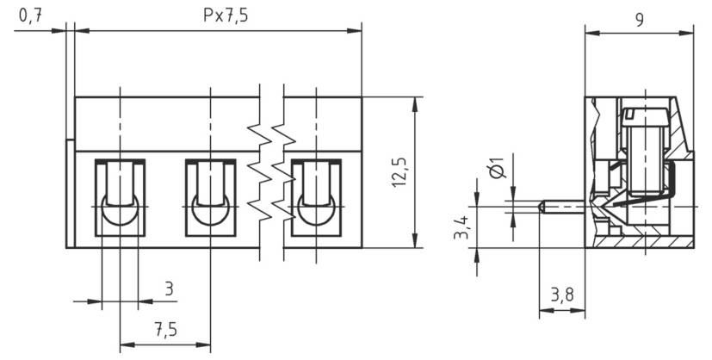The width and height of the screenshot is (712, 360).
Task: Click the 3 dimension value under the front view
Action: (169, 288)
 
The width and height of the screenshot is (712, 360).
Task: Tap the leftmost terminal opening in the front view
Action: (120, 197)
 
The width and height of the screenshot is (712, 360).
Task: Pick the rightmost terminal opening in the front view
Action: (316, 197)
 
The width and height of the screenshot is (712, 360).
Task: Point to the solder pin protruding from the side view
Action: (564, 207)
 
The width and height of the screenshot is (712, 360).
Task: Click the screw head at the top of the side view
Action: (645, 115)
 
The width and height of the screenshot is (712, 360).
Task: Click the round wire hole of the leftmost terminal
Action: (120, 211)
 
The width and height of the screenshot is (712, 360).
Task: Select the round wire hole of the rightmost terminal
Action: (316, 211)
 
